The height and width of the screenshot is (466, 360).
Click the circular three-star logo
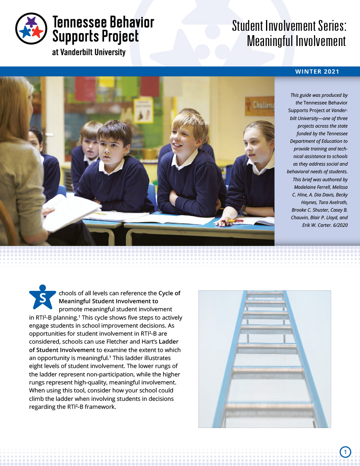[31, 29]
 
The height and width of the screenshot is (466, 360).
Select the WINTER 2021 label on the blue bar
[317, 72]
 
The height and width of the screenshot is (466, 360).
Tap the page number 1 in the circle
[345, 452]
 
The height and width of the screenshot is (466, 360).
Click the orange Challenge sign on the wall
[260, 106]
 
